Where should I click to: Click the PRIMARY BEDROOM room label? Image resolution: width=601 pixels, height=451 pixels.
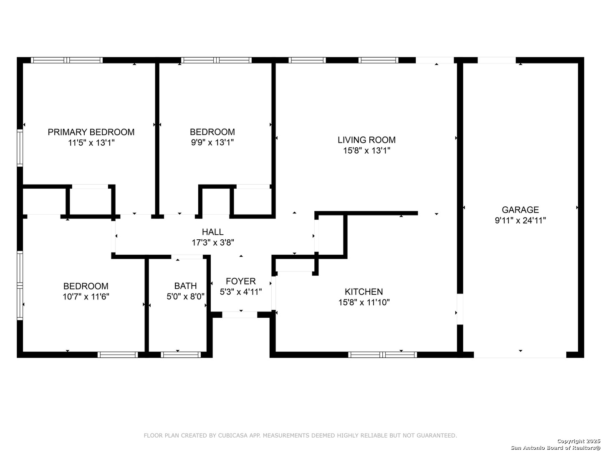91,132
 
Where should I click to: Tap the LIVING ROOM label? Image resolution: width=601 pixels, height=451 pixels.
366,140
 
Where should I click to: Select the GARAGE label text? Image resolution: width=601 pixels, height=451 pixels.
520,210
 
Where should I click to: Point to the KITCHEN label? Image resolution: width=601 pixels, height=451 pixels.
364,291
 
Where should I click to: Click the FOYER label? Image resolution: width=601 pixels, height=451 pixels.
241,281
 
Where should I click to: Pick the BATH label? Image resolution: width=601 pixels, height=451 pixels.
185,286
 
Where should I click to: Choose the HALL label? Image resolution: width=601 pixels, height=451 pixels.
212,232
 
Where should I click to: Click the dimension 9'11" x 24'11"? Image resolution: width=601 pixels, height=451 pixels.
520,220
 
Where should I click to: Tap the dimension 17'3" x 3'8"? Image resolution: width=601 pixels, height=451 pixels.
213,243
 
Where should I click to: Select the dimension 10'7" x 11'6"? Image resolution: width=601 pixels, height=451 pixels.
86,297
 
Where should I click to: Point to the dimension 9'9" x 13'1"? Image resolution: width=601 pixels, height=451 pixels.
212,143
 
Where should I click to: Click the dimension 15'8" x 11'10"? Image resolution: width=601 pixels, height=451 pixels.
364,302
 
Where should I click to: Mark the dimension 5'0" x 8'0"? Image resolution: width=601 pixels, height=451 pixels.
185,296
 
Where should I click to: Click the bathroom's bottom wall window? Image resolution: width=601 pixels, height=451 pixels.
180,355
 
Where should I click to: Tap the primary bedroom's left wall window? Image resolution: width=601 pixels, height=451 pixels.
20,148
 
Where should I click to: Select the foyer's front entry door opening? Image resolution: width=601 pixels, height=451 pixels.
240,314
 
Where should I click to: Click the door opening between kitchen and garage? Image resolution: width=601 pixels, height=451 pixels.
460,309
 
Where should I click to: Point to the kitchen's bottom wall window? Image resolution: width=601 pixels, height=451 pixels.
382,355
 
